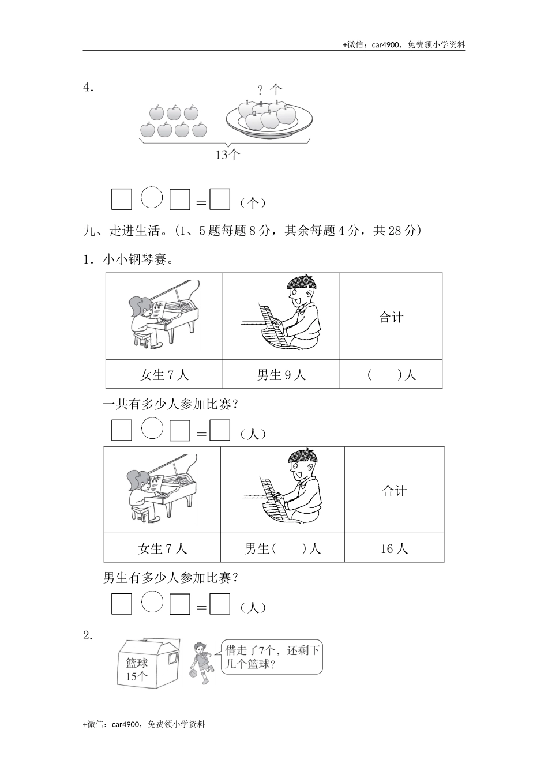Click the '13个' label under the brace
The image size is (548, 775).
tap(227, 155)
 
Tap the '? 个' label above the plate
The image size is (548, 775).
tap(269, 89)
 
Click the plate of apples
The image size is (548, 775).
tap(269, 118)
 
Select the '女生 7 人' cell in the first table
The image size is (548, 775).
tap(164, 375)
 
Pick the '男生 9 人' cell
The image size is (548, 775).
tap(281, 375)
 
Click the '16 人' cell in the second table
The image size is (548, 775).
tap(395, 548)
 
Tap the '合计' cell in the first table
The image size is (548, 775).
tap(391, 317)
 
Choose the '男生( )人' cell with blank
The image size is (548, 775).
tap(283, 548)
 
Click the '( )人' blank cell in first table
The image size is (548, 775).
tap(391, 375)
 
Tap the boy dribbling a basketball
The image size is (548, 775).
tap(201, 663)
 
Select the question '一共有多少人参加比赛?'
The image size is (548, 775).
tap(171, 404)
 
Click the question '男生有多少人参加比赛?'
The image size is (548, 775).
tap(171, 577)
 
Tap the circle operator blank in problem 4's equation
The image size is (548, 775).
tap(152, 198)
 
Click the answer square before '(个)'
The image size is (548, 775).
tap(220, 200)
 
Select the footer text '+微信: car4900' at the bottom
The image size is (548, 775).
tap(144, 724)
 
